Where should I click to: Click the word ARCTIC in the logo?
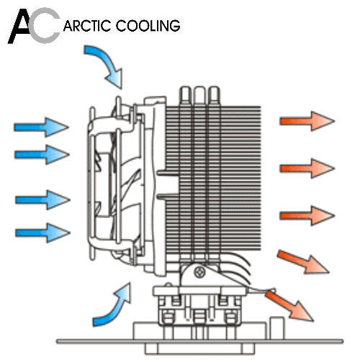click(88, 26)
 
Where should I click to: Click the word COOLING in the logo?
click(148, 26)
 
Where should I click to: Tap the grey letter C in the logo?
click(45, 25)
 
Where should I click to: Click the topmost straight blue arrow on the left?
click(41, 127)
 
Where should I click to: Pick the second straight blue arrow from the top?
click(42, 154)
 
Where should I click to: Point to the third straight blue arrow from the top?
click(42, 199)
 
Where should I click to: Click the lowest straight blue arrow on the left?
click(42, 233)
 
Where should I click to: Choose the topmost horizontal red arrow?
click(307, 121)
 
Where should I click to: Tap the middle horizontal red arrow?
click(307, 168)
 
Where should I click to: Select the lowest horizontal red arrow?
click(307, 215)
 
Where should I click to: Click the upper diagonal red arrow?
click(303, 261)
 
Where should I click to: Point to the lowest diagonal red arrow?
click(289, 305)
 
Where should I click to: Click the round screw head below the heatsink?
click(199, 272)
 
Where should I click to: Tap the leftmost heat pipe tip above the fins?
click(185, 94)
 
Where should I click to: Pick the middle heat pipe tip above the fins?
click(199, 94)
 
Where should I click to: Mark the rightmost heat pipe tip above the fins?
click(214, 94)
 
